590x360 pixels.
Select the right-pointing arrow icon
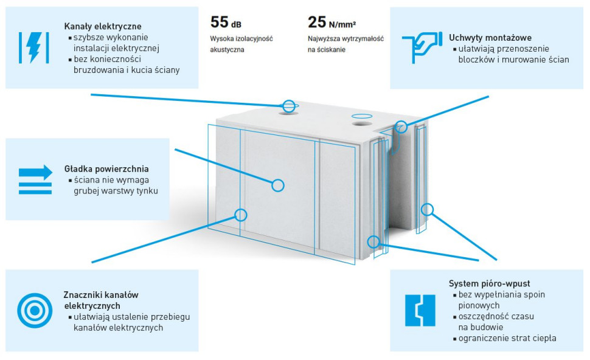pos(35,179)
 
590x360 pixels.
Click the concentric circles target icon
pos(35,310)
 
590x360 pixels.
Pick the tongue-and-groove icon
pos(420,310)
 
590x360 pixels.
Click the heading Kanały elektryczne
pos(103,27)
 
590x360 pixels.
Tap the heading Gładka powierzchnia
pos(106,168)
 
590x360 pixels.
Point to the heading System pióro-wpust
pos(490,284)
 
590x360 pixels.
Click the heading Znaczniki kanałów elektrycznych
pos(101,300)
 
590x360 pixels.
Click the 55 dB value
pos(226,22)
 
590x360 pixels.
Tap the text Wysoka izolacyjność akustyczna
pos(241,44)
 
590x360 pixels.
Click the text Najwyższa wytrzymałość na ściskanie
pos(345,44)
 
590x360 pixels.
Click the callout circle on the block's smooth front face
pos(278,185)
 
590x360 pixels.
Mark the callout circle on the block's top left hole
pos(289,106)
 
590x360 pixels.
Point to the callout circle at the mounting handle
pos(401,126)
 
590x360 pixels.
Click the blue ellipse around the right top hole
pos(361,116)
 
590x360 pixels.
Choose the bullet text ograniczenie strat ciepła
pos(507,338)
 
